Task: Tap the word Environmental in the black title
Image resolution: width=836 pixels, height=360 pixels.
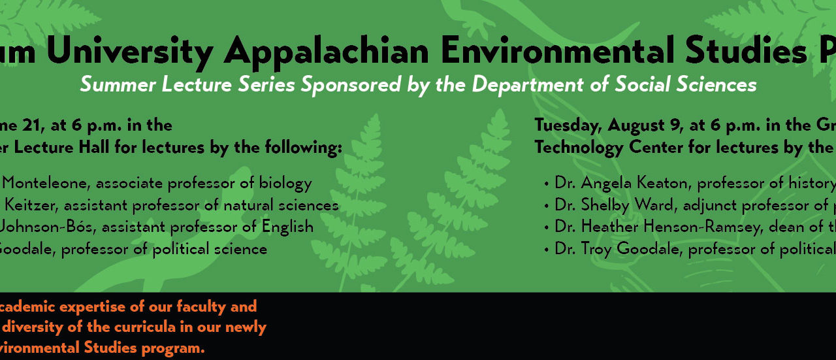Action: (x=558, y=50)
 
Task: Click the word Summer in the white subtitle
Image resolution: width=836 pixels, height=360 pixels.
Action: (x=118, y=84)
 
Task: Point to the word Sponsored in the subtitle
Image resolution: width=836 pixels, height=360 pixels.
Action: (x=351, y=85)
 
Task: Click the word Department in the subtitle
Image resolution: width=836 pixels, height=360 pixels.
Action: (x=527, y=85)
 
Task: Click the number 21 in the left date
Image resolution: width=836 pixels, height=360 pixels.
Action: (x=33, y=125)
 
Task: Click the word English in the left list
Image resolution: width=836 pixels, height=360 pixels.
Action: (x=287, y=227)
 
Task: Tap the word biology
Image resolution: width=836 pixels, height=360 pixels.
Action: (x=285, y=184)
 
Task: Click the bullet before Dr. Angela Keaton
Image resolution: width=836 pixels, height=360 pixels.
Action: (x=547, y=184)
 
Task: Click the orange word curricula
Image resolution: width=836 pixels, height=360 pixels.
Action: (x=145, y=327)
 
